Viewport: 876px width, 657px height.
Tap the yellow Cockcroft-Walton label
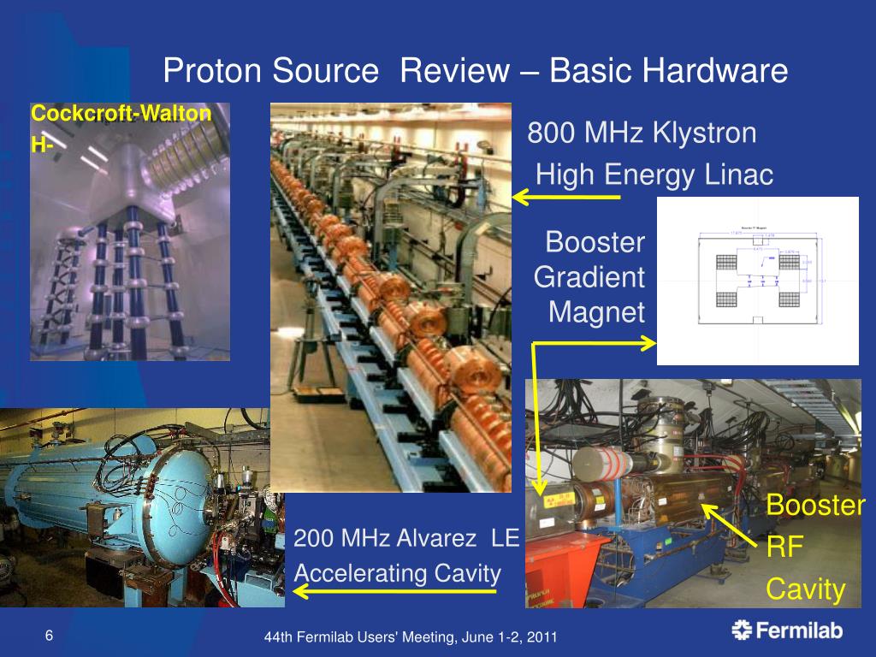121,114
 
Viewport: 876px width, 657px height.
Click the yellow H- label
43,145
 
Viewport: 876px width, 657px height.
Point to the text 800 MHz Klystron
642,133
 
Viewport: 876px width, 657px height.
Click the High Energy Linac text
654,175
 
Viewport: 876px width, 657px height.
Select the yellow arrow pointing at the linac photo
565,198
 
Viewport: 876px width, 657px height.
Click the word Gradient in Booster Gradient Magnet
589,277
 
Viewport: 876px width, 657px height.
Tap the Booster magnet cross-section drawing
757,281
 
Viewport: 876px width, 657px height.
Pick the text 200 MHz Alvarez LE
406,539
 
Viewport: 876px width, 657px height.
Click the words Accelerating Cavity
397,573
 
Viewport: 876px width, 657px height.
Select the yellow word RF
784,547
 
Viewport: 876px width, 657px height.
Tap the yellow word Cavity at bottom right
805,589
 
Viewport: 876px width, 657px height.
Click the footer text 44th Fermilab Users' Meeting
411,637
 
